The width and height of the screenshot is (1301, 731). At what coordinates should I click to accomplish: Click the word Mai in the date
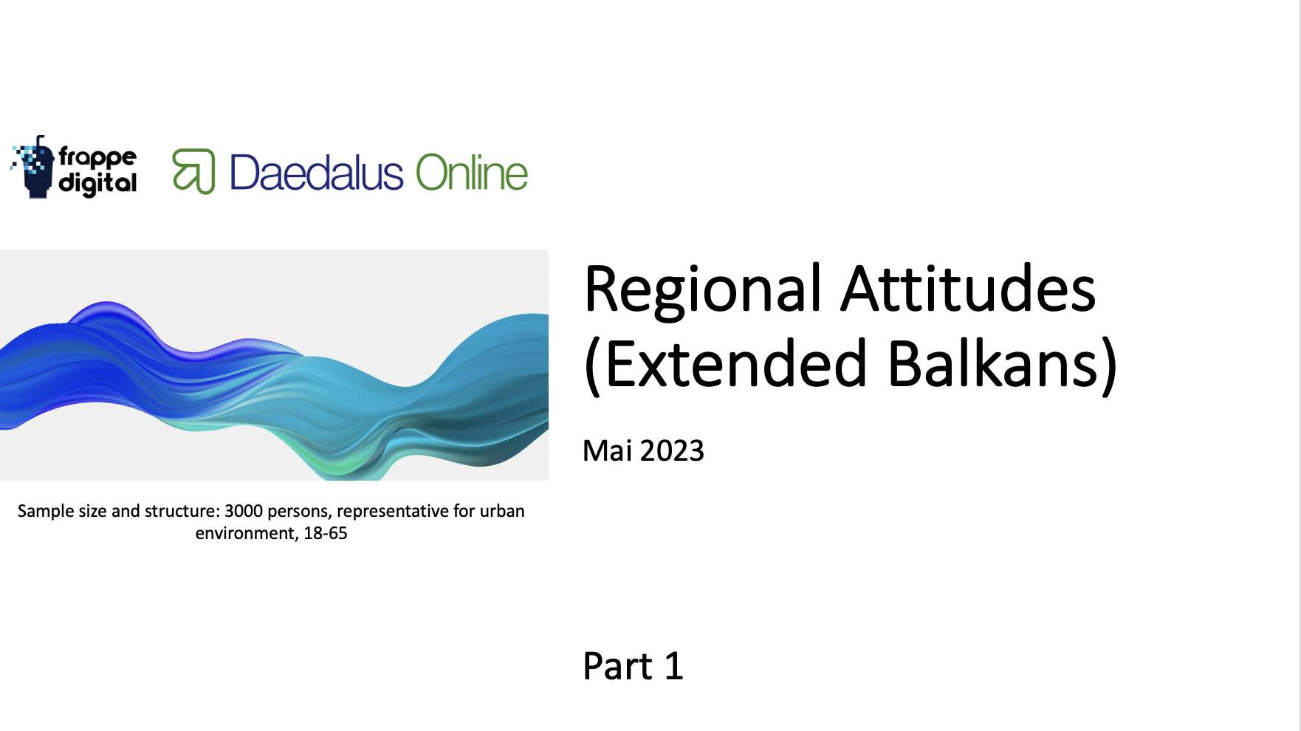pyautogui.click(x=607, y=450)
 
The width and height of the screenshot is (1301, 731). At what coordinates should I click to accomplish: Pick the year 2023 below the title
pyautogui.click(x=672, y=450)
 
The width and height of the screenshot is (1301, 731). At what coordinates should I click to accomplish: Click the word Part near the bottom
pyautogui.click(x=617, y=666)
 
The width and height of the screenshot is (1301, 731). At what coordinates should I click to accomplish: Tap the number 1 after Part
pyautogui.click(x=673, y=666)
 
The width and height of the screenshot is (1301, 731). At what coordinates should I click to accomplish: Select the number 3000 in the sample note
pyautogui.click(x=244, y=511)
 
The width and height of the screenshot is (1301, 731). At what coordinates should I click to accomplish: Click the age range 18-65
pyautogui.click(x=325, y=533)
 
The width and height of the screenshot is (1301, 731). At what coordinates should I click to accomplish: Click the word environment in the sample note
pyautogui.click(x=247, y=533)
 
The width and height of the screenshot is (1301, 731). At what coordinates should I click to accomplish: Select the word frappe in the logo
pyautogui.click(x=97, y=157)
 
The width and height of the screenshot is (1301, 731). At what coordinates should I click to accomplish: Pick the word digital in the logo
pyautogui.click(x=97, y=183)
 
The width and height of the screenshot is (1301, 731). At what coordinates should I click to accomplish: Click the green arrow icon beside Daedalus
pyautogui.click(x=193, y=171)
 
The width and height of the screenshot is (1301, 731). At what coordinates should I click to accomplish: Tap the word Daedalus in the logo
pyautogui.click(x=317, y=174)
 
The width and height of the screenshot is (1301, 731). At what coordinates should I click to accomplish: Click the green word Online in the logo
pyautogui.click(x=472, y=174)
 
